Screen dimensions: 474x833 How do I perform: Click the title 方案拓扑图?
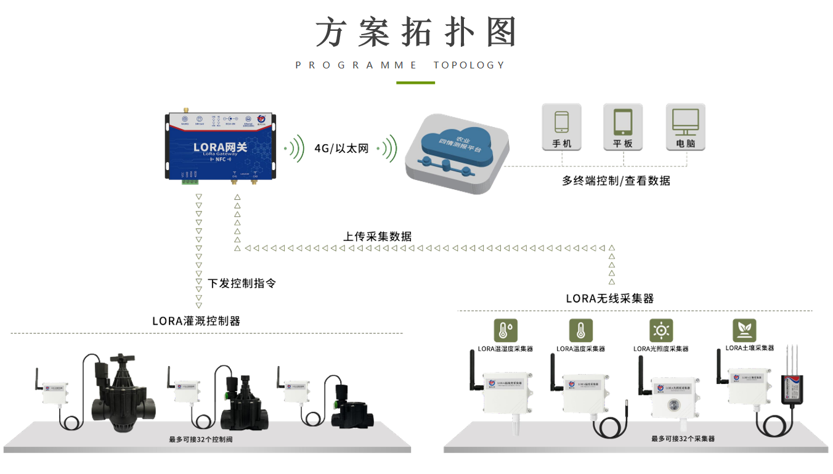click(x=416, y=32)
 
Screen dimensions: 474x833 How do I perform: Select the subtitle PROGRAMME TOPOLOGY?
click(x=400, y=65)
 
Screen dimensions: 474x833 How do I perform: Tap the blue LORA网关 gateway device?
click(x=220, y=146)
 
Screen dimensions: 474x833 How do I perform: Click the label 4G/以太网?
click(x=341, y=149)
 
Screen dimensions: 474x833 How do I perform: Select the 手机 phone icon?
click(x=561, y=127)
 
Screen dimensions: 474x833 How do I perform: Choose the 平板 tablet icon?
click(x=623, y=127)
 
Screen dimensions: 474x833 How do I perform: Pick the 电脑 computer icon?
click(x=685, y=127)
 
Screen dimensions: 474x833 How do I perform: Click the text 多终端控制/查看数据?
click(x=616, y=181)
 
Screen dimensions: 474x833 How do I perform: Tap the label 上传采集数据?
click(x=377, y=236)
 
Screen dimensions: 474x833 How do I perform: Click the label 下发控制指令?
click(x=242, y=284)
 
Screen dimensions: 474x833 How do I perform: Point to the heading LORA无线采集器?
click(x=609, y=299)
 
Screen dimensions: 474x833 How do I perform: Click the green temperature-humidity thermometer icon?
click(x=505, y=330)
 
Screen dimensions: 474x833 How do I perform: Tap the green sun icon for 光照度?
click(x=661, y=330)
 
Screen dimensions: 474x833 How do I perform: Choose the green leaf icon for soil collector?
click(x=744, y=330)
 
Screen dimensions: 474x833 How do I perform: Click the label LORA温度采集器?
click(x=580, y=349)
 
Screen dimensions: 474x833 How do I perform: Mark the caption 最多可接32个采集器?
click(x=683, y=439)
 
